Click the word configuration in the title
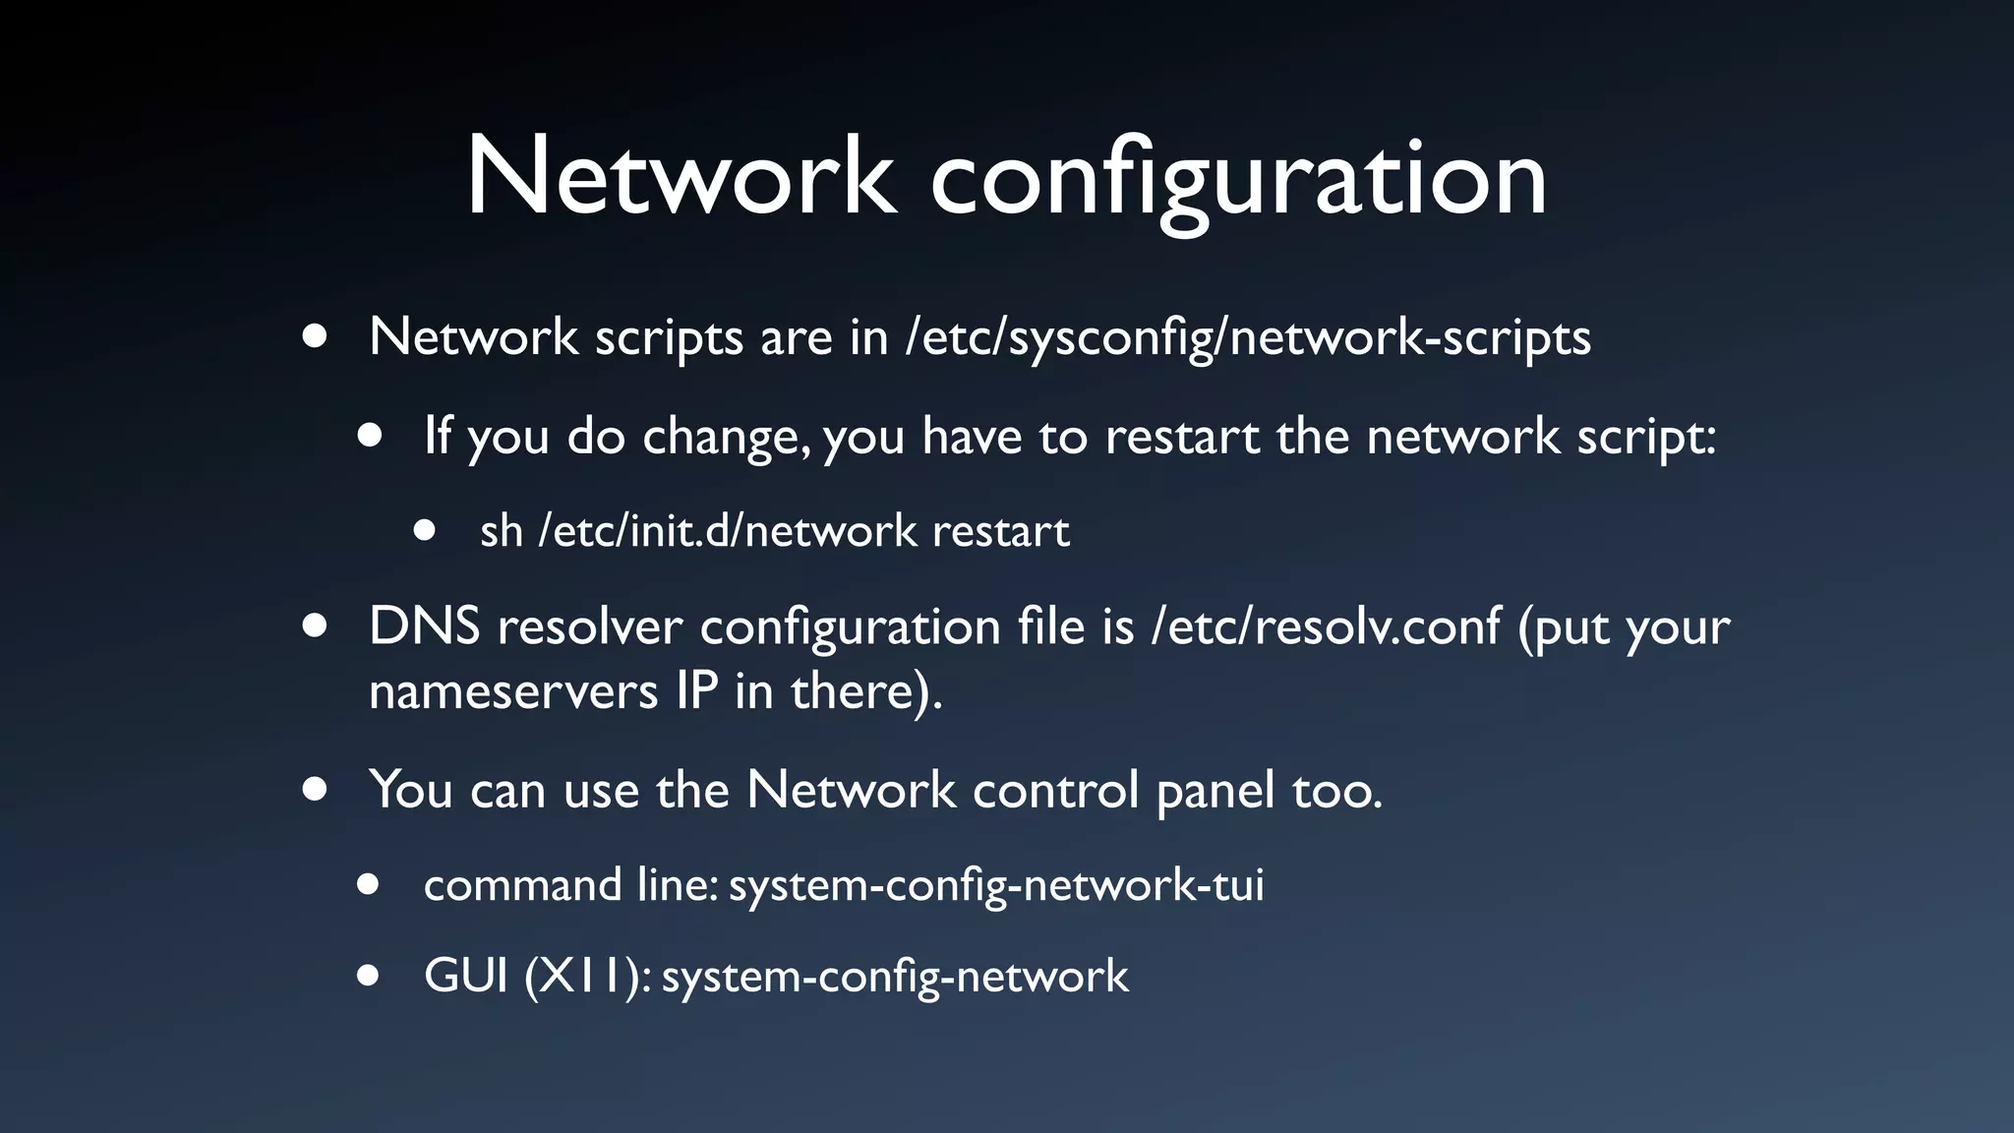click(1239, 182)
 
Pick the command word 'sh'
click(501, 531)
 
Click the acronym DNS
click(425, 626)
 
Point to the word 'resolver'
click(590, 626)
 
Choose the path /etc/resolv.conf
click(1326, 626)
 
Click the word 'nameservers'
click(512, 691)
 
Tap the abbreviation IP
click(697, 690)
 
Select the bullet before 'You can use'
click(315, 789)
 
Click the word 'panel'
click(1215, 791)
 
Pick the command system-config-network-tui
click(995, 885)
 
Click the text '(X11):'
click(587, 977)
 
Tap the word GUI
click(465, 976)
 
